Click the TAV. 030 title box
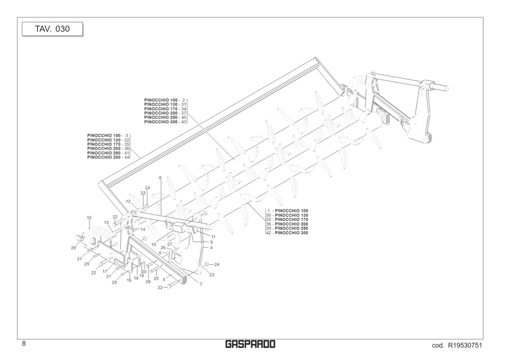[52, 29]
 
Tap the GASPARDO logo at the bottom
[250, 344]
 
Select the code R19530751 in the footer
[457, 345]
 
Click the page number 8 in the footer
[24, 344]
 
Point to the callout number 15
[89, 218]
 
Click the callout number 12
[128, 202]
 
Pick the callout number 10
[154, 245]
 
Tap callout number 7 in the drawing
[201, 284]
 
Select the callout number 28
[148, 282]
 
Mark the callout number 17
[105, 271]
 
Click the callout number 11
[213, 237]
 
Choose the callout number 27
[169, 244]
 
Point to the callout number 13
[106, 223]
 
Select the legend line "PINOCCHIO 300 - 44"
[108, 157]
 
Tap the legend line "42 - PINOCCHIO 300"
[287, 233]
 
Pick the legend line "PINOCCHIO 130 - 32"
[108, 140]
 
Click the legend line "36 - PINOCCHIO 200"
[287, 225]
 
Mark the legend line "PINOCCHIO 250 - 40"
[165, 118]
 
